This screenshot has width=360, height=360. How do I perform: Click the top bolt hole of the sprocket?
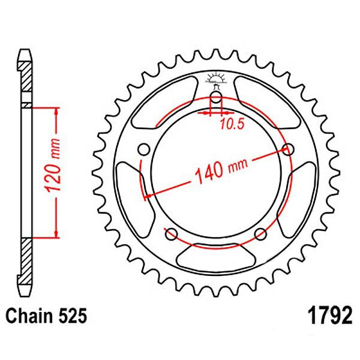[x=216, y=100]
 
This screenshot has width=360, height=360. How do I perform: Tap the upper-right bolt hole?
[x=289, y=149]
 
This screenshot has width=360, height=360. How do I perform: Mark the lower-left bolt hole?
[x=170, y=233]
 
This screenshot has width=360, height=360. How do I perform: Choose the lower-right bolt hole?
[x=261, y=233]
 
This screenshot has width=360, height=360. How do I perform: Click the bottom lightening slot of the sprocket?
[x=216, y=259]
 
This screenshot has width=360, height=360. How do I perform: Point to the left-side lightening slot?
[x=128, y=192]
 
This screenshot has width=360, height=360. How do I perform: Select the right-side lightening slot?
[x=304, y=192]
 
